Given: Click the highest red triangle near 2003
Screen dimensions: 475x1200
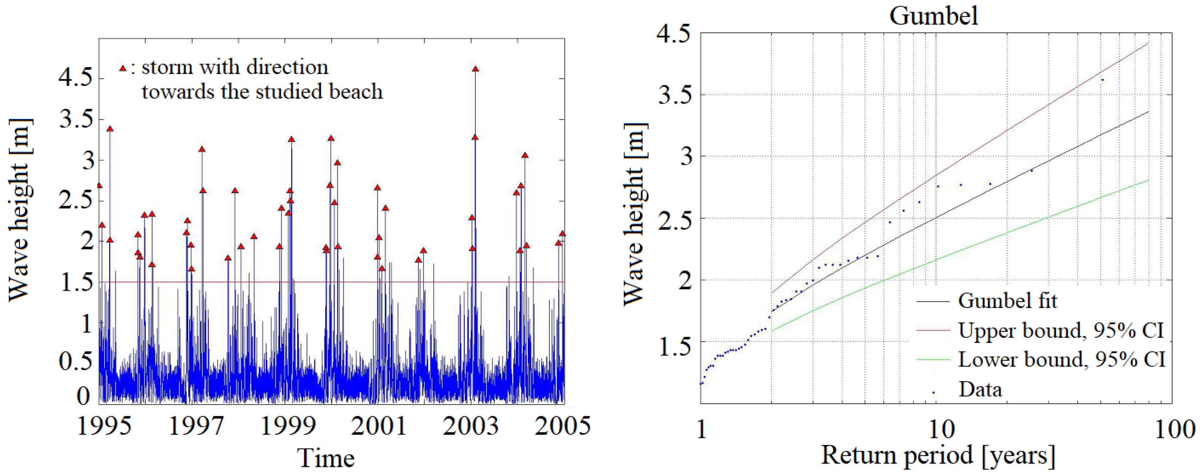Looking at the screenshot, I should [475, 69].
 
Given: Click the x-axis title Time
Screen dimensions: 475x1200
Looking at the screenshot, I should [326, 458].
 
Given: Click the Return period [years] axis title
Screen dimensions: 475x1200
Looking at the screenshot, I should [938, 455].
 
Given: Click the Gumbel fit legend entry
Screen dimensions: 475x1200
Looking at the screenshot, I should [1007, 301].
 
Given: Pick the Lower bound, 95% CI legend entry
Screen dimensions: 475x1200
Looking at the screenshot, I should [1061, 359].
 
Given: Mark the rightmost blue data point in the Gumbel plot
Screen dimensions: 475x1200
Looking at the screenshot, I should [1102, 80].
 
